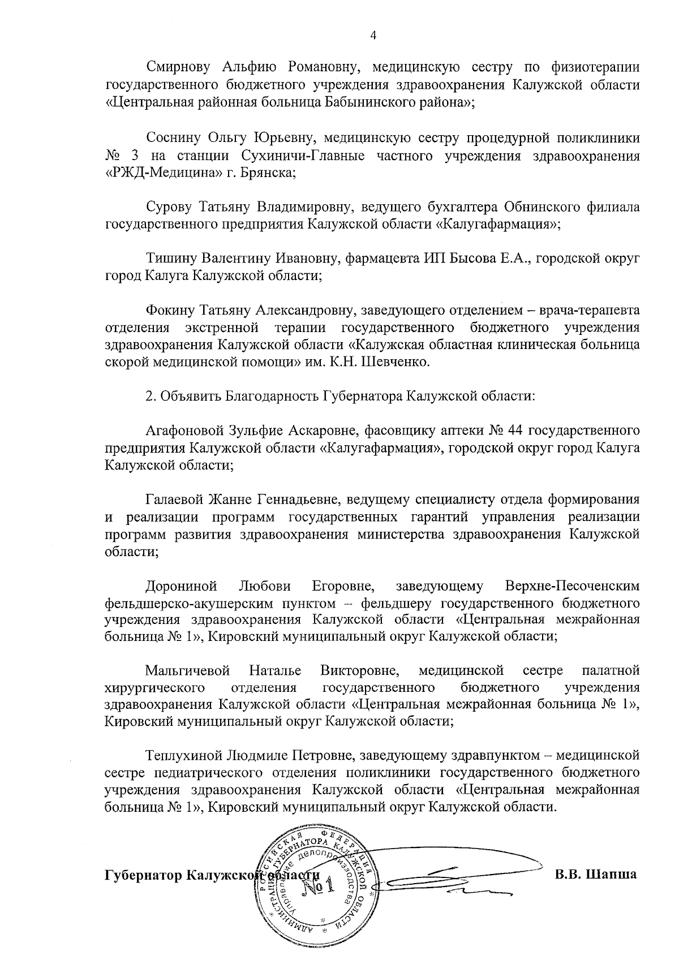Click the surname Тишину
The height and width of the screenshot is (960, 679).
tap(167, 259)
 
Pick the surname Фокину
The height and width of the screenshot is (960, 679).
tap(169, 311)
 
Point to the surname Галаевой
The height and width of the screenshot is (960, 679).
tap(173, 500)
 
